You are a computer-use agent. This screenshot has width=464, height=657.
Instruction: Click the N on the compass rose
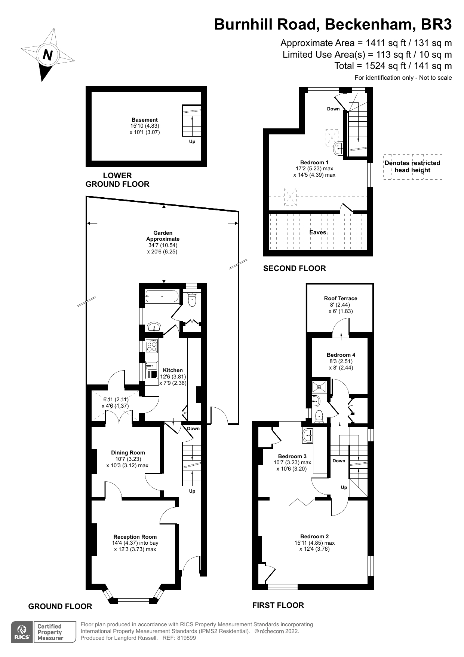47,55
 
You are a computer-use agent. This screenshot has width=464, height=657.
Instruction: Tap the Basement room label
144,120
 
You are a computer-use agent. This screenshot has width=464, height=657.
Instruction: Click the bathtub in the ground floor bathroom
162,296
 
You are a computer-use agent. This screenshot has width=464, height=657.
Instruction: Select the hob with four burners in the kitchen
152,346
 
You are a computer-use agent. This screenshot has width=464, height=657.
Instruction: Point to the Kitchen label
173,370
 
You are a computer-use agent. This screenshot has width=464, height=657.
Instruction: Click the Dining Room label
128,453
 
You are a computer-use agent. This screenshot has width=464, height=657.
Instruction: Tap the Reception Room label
135,537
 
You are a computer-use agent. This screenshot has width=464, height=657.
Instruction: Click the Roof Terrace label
341,298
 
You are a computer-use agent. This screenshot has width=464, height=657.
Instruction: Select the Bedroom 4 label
341,355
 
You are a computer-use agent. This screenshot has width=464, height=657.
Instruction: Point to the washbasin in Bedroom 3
308,435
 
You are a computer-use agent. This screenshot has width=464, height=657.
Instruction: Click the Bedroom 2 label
314,536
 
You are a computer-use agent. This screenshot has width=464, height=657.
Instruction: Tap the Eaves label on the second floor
317,232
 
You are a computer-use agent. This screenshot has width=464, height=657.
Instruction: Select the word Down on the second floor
333,109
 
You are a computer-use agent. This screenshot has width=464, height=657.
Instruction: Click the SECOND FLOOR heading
294,268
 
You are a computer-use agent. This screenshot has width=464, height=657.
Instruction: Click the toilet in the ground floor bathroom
192,300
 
